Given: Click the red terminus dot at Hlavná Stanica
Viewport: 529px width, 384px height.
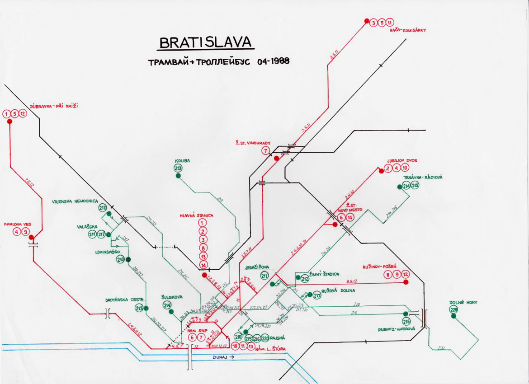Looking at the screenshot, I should tap(204, 275).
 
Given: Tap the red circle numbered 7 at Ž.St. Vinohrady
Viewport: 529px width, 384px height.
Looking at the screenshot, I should tap(265, 151).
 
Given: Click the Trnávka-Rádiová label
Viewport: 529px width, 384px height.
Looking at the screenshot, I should tap(423, 178).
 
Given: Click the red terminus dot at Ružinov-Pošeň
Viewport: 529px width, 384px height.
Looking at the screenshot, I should tap(406, 282).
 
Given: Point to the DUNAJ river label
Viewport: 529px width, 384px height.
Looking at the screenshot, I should tap(223, 357).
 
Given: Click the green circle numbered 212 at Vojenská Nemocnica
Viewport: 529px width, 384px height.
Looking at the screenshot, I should tap(103, 208).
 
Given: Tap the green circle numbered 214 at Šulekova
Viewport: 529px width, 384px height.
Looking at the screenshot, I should tap(168, 306).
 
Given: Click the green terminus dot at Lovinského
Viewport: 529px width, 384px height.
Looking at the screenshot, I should tap(128, 259).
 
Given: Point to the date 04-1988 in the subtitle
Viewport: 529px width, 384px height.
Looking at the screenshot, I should tap(274, 61).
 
